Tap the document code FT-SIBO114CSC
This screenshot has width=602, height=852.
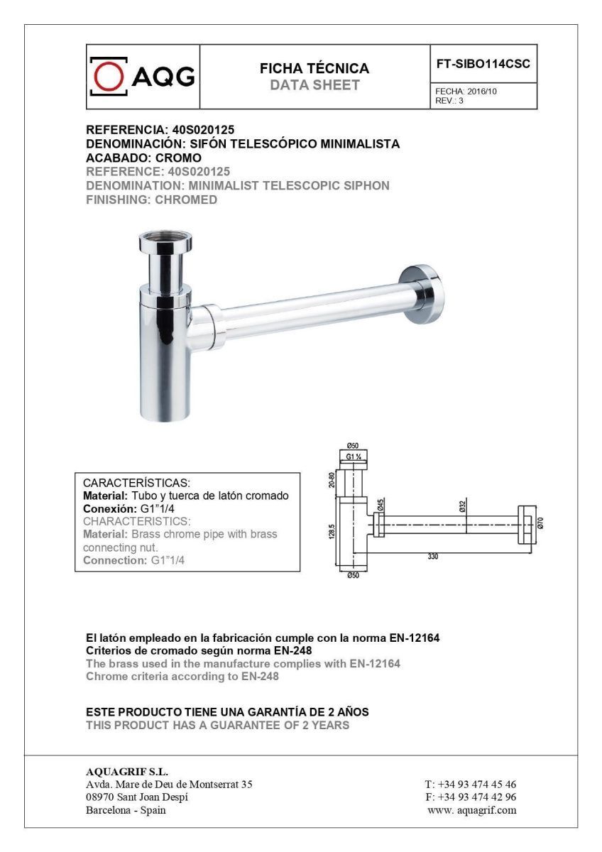click(483, 63)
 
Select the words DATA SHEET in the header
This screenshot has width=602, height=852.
click(314, 86)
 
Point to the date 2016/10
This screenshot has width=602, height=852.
click(482, 92)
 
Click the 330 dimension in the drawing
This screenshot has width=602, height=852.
click(432, 557)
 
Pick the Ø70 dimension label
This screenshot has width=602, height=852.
click(540, 523)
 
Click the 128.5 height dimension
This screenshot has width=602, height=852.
click(332, 532)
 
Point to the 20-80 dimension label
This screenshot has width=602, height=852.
click(332, 479)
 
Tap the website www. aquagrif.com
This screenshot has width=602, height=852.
click(471, 810)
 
